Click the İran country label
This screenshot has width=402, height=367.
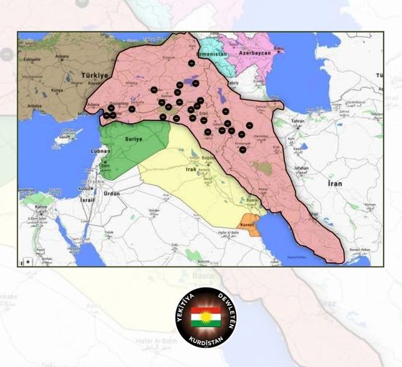click(x=334, y=184)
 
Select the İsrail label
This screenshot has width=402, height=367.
click(x=87, y=198)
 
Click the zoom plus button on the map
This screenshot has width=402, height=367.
click(x=28, y=261)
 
